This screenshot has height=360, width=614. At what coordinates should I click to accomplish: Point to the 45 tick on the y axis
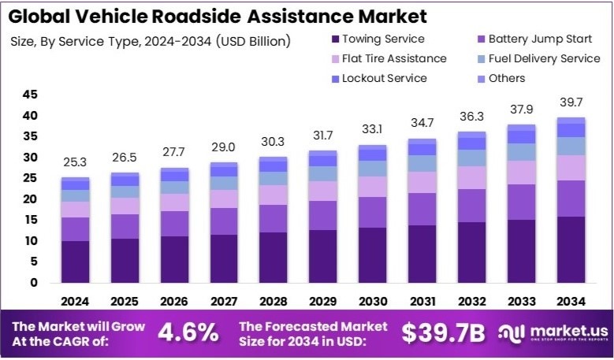tap(30, 95)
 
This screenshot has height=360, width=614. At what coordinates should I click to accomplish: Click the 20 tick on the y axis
tap(30, 199)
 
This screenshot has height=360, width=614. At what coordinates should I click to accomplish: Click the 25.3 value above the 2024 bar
tap(76, 163)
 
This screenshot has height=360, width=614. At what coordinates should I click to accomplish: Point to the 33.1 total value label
tap(373, 130)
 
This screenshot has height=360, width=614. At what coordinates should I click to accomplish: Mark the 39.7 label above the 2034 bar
tap(571, 103)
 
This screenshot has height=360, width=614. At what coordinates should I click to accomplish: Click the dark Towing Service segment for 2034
tap(571, 249)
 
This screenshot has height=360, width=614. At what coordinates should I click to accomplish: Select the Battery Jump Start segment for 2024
tap(76, 228)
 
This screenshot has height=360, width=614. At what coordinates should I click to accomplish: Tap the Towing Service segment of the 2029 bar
tap(323, 256)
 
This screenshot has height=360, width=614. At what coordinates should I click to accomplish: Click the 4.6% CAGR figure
tap(188, 333)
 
